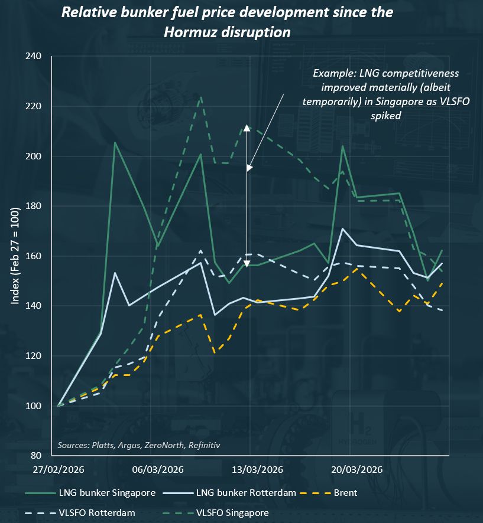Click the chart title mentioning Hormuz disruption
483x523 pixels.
point(228,22)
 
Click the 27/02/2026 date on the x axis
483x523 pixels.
point(59,470)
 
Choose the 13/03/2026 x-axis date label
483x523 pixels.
point(257,470)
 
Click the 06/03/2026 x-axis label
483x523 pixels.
point(158,470)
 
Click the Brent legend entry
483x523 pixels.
point(344,492)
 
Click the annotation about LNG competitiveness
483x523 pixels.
point(385,94)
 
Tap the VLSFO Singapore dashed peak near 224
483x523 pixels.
point(201,97)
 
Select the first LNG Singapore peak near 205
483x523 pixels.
point(115,143)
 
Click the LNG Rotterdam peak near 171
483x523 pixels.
point(343,228)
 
